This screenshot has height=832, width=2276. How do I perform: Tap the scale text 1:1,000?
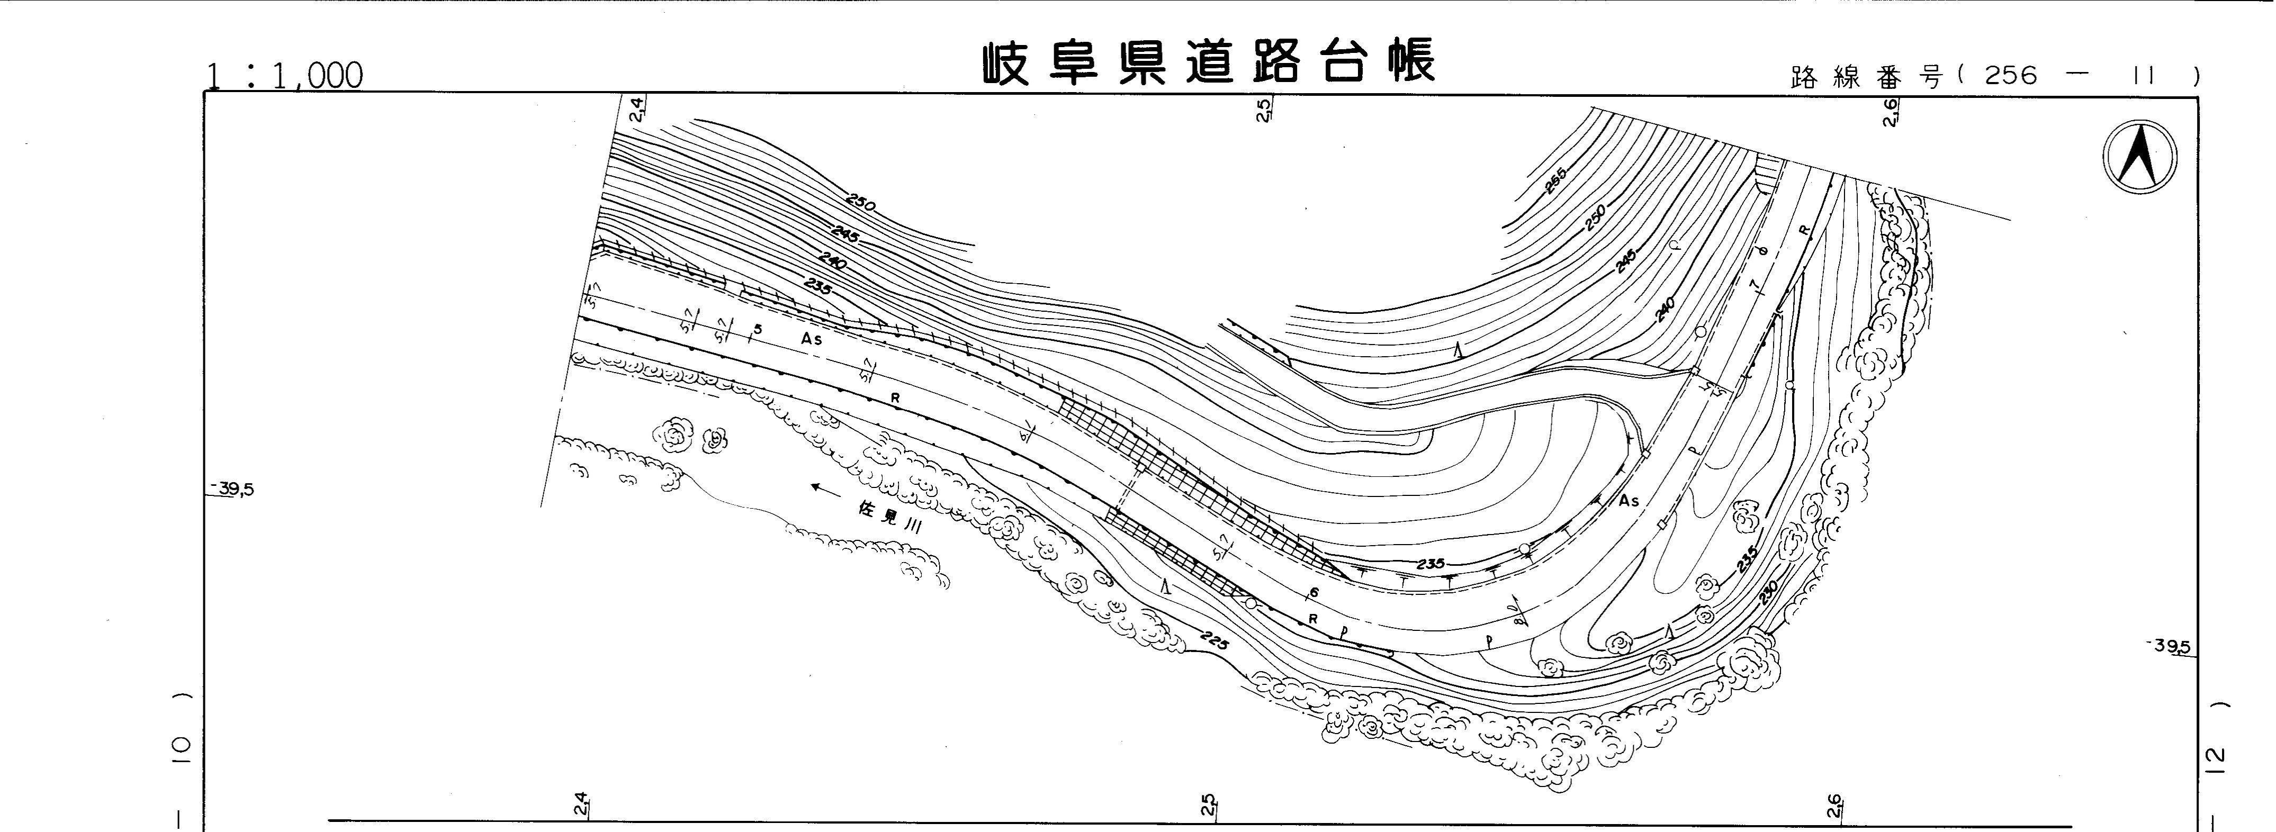coord(284,77)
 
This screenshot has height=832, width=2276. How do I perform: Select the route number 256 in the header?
coord(2010,77)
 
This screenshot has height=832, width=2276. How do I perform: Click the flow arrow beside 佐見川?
coord(826,487)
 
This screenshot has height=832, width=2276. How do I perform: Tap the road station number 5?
coord(757,329)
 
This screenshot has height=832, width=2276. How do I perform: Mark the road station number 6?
coord(1314,593)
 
